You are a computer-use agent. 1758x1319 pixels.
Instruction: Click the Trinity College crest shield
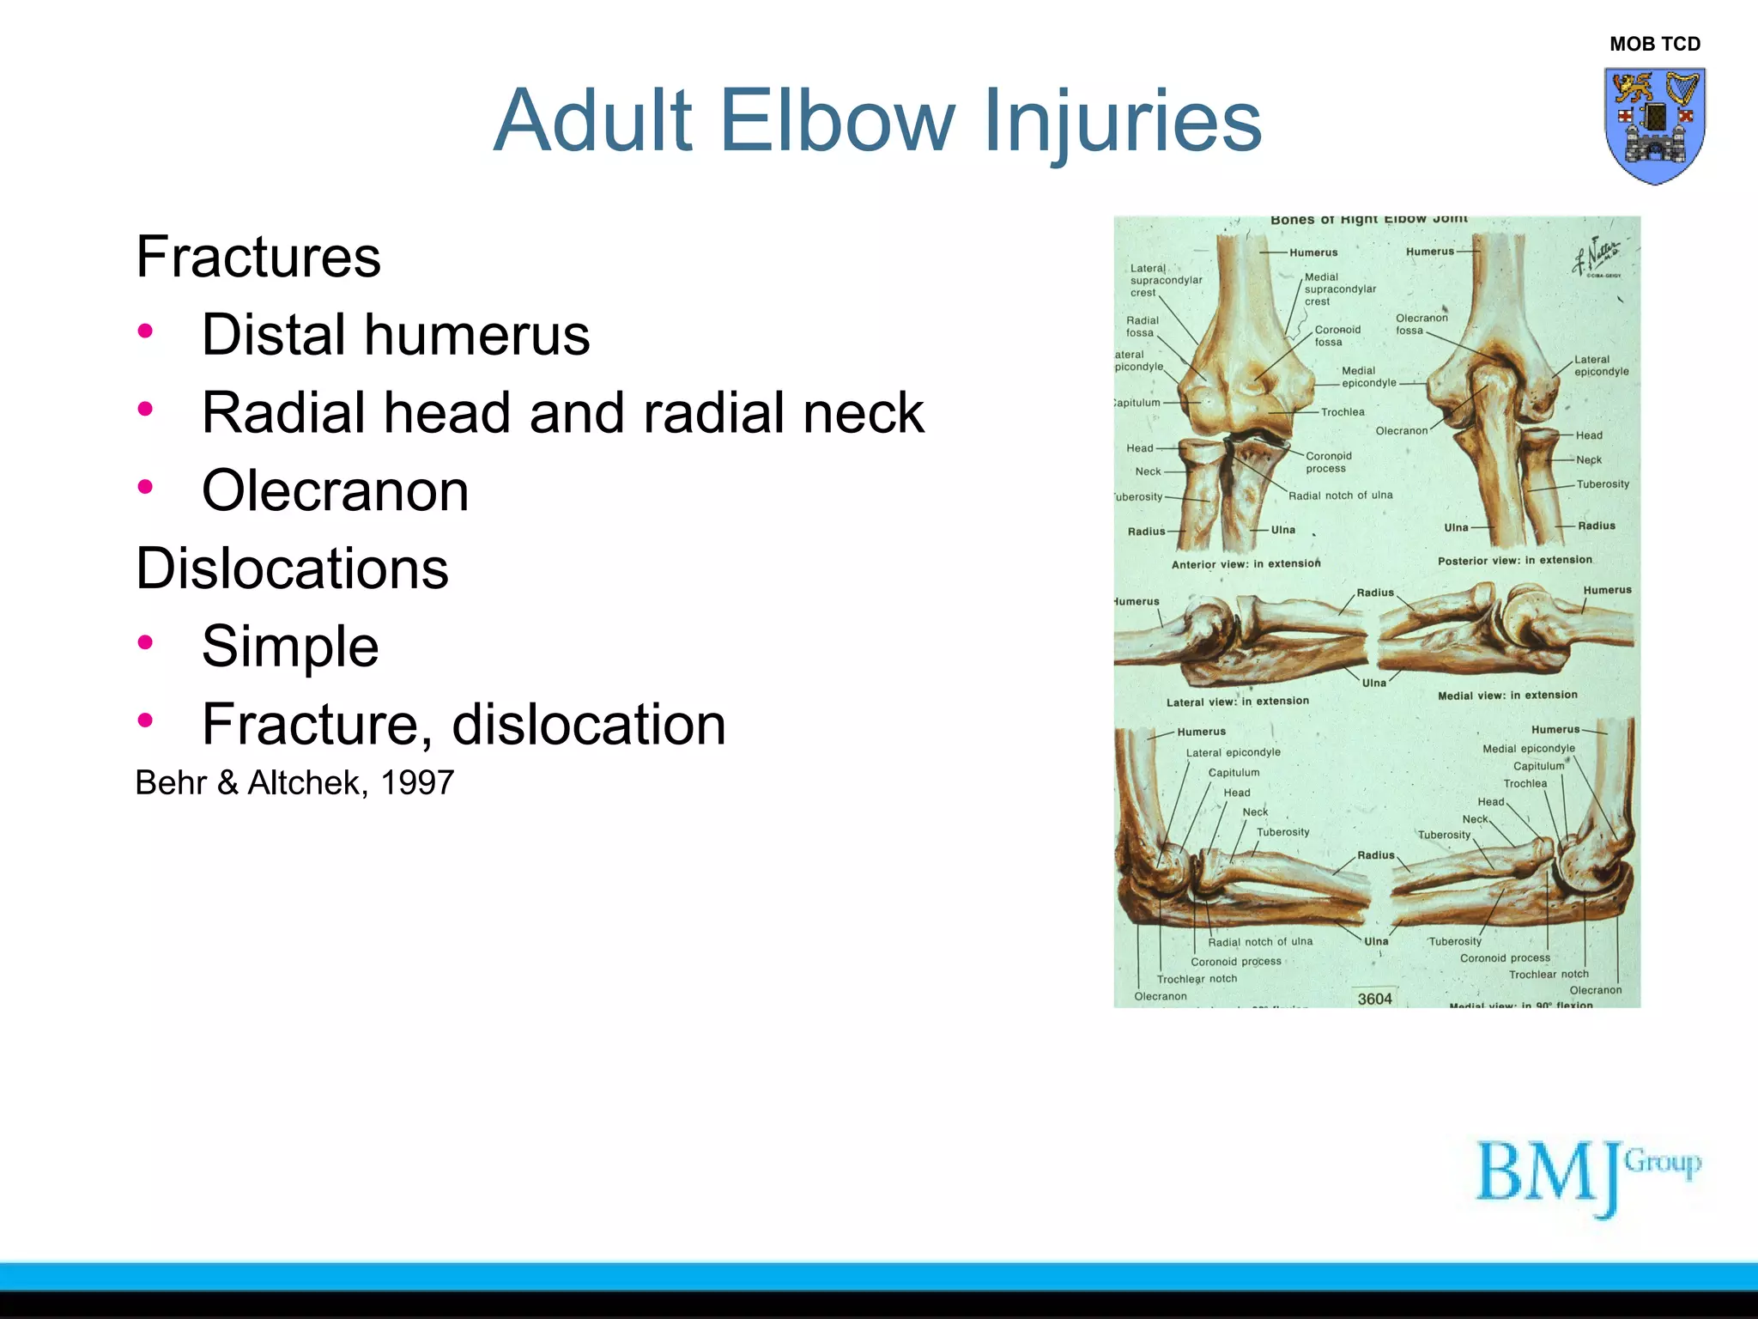1654,125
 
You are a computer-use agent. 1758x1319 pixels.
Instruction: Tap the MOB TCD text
1654,44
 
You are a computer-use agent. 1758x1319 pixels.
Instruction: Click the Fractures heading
258,257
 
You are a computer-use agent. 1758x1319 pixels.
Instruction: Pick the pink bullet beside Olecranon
145,487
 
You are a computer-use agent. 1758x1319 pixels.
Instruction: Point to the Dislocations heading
292,568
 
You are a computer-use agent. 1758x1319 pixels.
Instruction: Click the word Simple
290,647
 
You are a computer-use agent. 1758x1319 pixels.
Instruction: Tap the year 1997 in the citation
417,783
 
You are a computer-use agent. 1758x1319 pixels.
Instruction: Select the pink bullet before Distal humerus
145,331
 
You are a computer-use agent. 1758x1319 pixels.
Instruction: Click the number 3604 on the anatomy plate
1374,999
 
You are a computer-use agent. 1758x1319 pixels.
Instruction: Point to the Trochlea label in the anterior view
1343,412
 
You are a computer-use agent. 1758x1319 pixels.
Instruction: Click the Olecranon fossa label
1422,324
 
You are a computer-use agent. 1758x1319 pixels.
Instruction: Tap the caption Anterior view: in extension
1246,564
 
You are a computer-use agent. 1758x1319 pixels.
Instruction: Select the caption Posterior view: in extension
1514,560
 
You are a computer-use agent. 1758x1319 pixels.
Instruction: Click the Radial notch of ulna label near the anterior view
1340,495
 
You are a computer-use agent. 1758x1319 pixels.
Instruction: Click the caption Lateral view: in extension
1237,702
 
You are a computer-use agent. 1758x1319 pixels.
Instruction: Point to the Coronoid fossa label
1337,336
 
